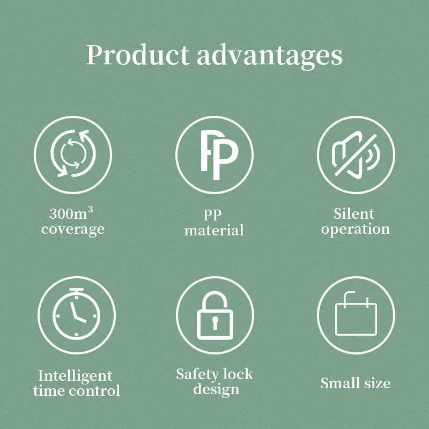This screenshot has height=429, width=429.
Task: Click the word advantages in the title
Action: (x=270, y=56)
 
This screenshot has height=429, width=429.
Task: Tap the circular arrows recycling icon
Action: (x=73, y=153)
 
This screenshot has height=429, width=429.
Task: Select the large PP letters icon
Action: (x=220, y=155)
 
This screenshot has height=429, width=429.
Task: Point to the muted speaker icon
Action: (x=356, y=155)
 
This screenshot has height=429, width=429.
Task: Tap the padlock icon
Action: (x=215, y=315)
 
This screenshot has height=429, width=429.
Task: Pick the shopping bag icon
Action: (x=356, y=314)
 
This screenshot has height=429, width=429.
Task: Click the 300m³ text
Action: (x=71, y=213)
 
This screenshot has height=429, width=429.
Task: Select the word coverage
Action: (x=73, y=229)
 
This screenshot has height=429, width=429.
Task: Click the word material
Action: (x=214, y=230)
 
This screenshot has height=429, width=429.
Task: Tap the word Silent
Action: (x=354, y=213)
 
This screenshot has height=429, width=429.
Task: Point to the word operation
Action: (x=356, y=230)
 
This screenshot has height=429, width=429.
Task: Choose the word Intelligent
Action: (x=75, y=376)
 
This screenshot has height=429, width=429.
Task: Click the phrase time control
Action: (x=77, y=390)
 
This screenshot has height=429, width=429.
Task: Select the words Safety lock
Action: (x=214, y=374)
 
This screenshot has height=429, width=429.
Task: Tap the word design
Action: (x=216, y=389)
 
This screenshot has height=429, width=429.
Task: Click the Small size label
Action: (x=356, y=383)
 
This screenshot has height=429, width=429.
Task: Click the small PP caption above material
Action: (x=212, y=215)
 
